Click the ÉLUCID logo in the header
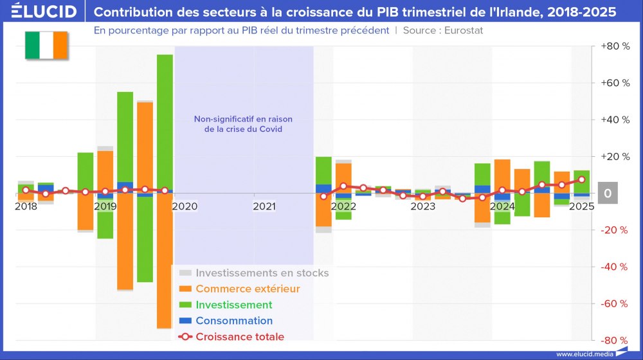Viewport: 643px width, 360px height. pyautogui.click(x=44, y=12)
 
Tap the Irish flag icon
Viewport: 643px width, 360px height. pyautogui.click(x=46, y=45)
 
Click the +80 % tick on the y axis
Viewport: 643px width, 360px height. pyautogui.click(x=613, y=46)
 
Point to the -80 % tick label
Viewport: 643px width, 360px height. pyautogui.click(x=613, y=340)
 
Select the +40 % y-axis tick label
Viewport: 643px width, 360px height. pyautogui.click(x=613, y=120)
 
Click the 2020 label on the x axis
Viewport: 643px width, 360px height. pyautogui.click(x=185, y=206)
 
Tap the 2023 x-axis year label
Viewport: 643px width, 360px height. pyautogui.click(x=423, y=206)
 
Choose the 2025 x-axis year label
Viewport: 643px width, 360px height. pyautogui.click(x=581, y=206)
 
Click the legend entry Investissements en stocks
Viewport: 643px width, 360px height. pyautogui.click(x=262, y=273)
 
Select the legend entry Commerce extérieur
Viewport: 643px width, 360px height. pyautogui.click(x=248, y=289)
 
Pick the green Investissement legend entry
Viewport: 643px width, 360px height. pyautogui.click(x=233, y=305)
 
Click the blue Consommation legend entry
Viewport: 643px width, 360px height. pyautogui.click(x=234, y=321)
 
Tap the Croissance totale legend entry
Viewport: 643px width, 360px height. pyautogui.click(x=239, y=336)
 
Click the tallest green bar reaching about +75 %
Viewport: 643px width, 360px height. pyautogui.click(x=165, y=116)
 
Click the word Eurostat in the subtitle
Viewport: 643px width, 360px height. pyautogui.click(x=462, y=30)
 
